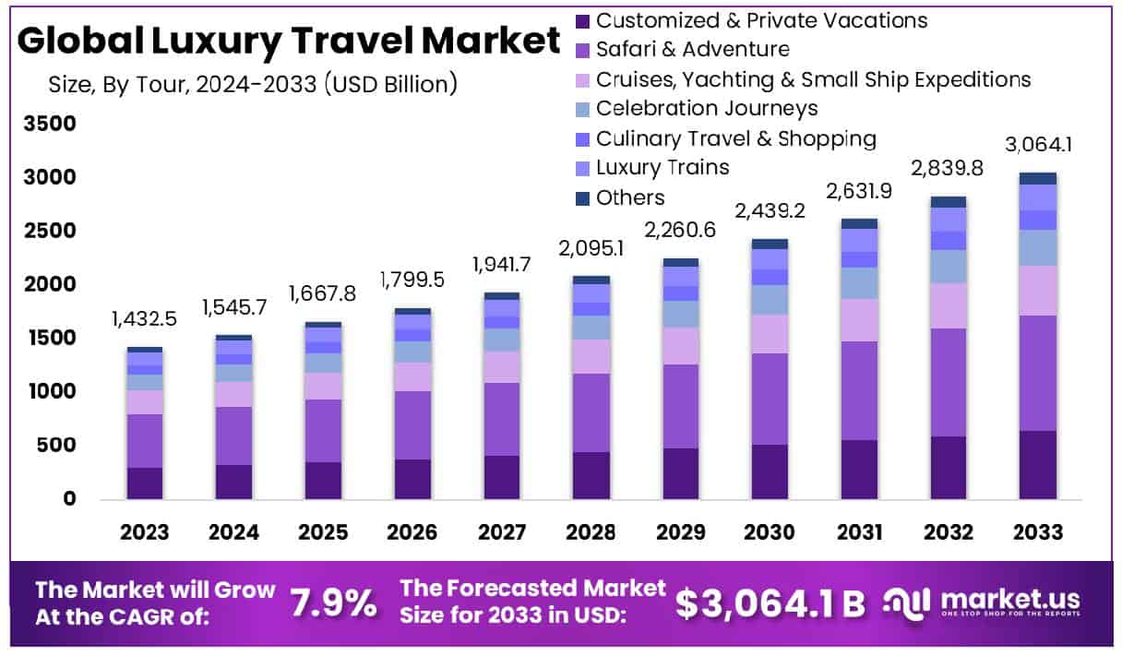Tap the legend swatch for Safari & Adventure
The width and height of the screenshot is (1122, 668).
coord(581,50)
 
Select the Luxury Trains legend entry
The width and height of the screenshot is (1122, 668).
coord(662,168)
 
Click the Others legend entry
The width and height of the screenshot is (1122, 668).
coord(629,197)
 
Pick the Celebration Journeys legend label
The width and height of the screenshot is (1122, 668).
coord(706,109)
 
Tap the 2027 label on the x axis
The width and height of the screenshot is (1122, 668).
coord(502,533)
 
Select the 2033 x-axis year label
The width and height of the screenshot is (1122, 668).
coord(1037,533)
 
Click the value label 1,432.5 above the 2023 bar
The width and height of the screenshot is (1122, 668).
coord(145,320)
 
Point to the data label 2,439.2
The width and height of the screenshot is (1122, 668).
coord(770,211)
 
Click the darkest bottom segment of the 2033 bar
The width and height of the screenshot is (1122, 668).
coord(1038,465)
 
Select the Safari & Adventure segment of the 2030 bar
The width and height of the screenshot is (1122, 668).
coord(770,399)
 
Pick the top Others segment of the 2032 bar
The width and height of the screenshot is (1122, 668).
coord(949,202)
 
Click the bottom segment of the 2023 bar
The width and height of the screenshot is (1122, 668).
coord(145,483)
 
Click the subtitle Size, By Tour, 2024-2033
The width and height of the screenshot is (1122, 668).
coord(253,85)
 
